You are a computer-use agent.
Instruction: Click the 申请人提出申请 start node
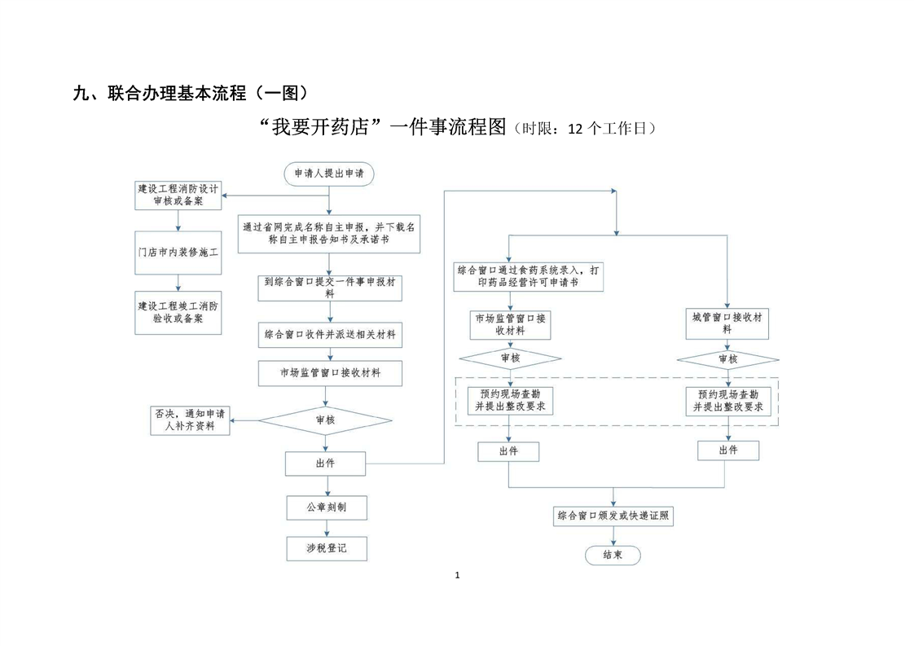click(329, 173)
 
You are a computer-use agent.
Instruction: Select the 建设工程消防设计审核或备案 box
click(178, 194)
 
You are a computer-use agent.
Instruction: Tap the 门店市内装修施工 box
click(178, 253)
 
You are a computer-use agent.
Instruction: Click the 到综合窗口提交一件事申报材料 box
click(329, 288)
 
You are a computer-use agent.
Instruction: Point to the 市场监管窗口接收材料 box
click(329, 373)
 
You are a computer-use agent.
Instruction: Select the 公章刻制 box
click(326, 508)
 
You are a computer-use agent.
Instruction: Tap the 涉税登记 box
click(326, 548)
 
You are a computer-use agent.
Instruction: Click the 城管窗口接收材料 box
click(727, 323)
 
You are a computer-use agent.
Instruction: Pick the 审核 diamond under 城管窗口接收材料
click(727, 358)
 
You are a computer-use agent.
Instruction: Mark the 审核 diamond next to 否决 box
click(325, 420)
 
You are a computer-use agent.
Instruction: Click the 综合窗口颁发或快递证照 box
click(614, 516)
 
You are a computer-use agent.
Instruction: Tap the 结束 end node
click(613, 555)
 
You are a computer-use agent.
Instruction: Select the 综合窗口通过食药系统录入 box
click(530, 276)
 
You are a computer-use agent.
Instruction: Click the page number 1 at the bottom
click(457, 576)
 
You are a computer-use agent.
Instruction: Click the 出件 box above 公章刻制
click(325, 464)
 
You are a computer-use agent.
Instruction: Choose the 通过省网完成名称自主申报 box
click(329, 234)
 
